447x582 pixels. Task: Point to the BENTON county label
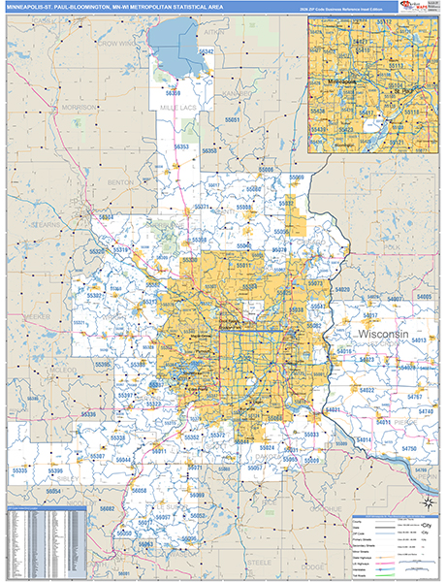pos(121,181)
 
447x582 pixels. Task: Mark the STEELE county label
pos(258,561)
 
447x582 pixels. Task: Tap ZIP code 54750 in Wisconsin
pos(408,448)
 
